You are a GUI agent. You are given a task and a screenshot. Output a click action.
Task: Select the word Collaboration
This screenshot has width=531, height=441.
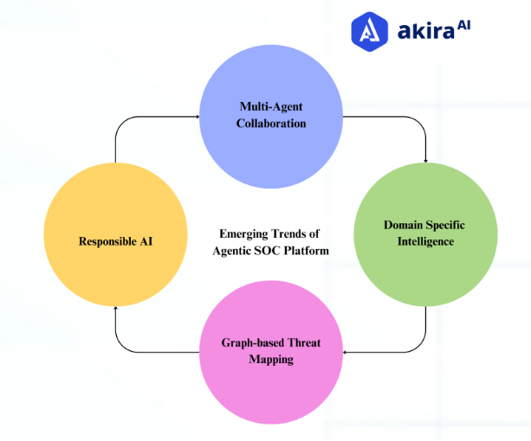[x=272, y=123]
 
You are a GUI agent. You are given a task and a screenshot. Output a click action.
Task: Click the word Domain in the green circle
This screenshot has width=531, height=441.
[x=405, y=225]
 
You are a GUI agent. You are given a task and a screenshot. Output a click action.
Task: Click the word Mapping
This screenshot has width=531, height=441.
[x=271, y=360]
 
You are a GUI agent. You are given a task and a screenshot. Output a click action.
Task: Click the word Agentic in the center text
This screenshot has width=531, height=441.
[x=234, y=250]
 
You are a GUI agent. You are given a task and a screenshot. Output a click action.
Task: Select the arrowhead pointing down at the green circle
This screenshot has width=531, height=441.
[x=425, y=158]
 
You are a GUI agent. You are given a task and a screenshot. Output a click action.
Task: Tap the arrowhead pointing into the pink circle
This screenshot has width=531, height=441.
[x=346, y=352]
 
